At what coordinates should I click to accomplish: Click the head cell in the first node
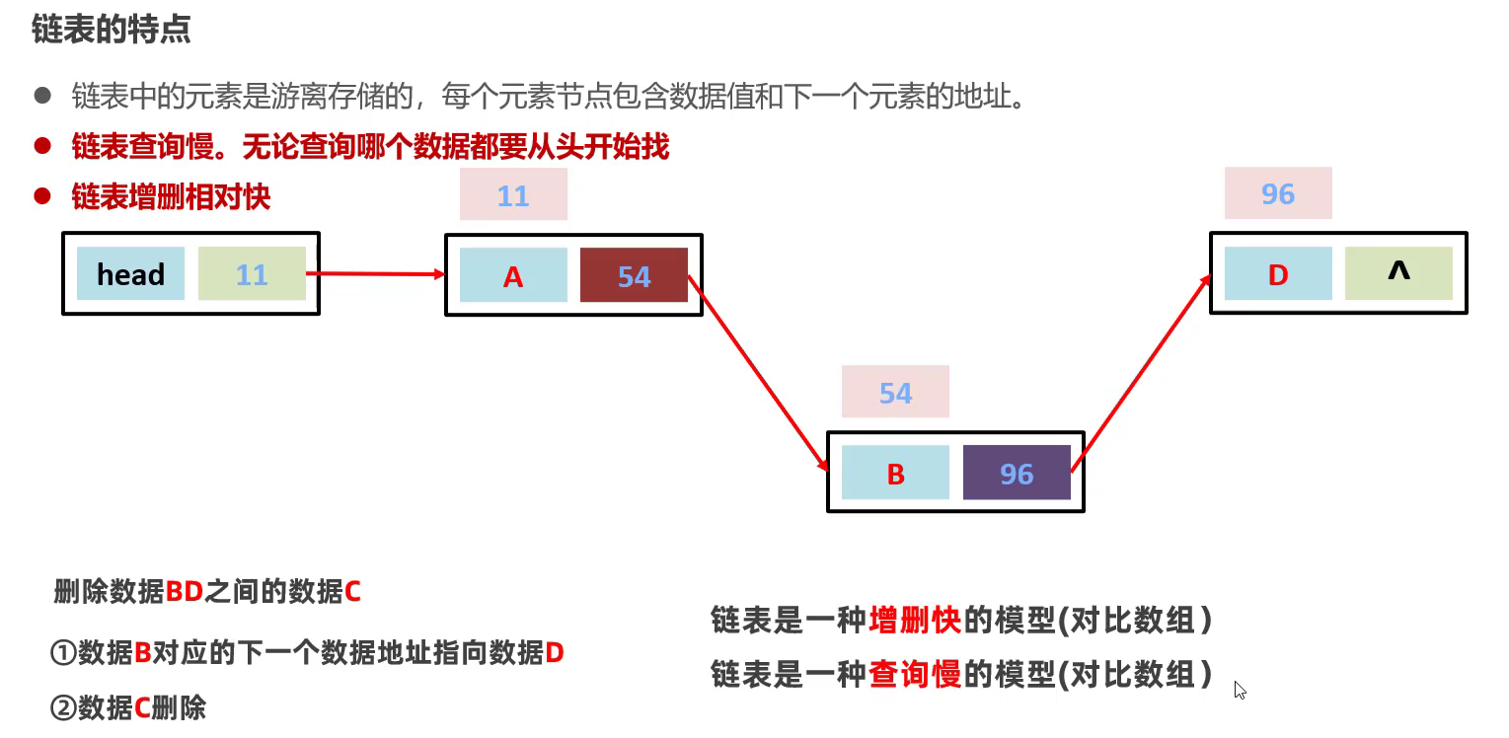click(x=130, y=273)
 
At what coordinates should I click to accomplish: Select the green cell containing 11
click(x=252, y=273)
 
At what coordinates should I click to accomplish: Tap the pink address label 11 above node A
click(x=513, y=194)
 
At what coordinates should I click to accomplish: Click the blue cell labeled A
click(x=513, y=275)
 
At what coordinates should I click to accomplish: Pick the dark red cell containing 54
click(x=634, y=275)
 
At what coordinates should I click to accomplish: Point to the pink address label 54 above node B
click(x=895, y=393)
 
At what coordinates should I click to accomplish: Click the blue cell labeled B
click(x=895, y=473)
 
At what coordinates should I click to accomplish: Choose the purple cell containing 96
click(x=1017, y=473)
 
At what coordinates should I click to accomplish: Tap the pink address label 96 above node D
click(x=1278, y=193)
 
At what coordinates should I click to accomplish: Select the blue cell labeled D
click(x=1278, y=273)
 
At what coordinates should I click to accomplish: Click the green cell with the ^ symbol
click(x=1398, y=273)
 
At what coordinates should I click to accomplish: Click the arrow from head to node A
click(x=375, y=274)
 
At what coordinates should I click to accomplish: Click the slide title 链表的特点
click(x=111, y=30)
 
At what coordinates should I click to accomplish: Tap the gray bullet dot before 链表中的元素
click(x=41, y=96)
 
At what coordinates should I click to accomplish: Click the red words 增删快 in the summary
click(x=915, y=620)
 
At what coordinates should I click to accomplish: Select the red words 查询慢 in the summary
click(x=915, y=674)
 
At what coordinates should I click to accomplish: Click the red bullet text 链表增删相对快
click(x=171, y=196)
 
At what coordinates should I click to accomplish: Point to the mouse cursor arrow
click(x=1240, y=690)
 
